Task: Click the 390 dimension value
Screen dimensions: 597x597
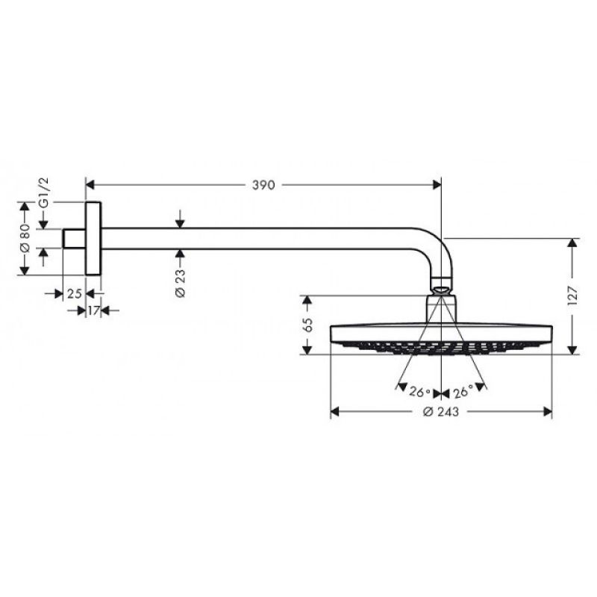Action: point(263,185)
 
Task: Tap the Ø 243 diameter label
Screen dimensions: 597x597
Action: point(441,412)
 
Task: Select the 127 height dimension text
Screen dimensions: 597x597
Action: point(572,296)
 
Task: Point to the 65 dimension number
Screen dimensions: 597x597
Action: point(307,325)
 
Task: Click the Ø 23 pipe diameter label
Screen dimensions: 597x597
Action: point(180,283)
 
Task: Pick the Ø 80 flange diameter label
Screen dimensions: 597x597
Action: point(25,238)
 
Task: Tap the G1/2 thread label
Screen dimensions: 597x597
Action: point(44,193)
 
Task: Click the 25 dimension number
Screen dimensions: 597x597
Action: point(74,293)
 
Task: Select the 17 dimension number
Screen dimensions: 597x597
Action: point(94,310)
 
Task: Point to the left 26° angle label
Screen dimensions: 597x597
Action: point(420,392)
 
